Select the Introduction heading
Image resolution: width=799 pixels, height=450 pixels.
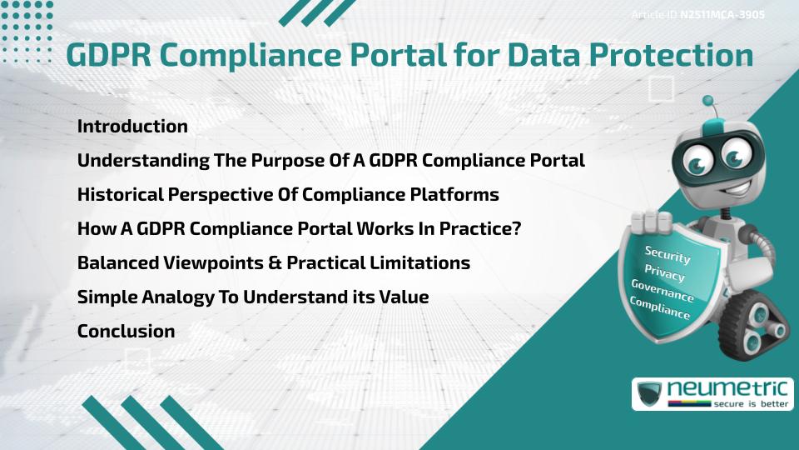pyautogui.click(x=132, y=127)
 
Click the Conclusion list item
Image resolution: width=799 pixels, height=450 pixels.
pyautogui.click(x=126, y=331)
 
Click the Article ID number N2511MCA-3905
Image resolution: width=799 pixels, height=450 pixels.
pyautogui.click(x=723, y=15)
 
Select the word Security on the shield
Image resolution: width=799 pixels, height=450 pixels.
pyautogui.click(x=667, y=255)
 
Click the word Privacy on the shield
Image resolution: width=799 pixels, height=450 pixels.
pyautogui.click(x=664, y=273)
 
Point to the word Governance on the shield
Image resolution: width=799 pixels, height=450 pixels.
pyautogui.click(x=662, y=292)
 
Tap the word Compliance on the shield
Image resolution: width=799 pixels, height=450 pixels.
pyautogui.click(x=659, y=309)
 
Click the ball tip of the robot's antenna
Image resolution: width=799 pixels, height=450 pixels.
pyautogui.click(x=709, y=101)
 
